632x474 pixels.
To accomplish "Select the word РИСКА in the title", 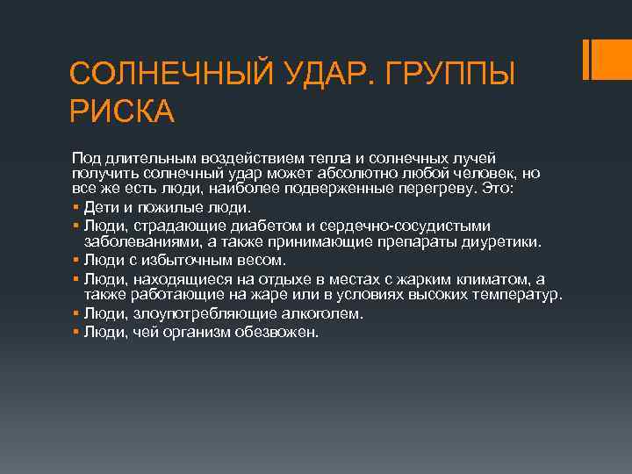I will (122, 111).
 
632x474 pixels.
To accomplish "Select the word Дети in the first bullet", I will (100, 208).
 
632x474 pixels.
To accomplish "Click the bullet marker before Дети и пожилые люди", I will (76, 208).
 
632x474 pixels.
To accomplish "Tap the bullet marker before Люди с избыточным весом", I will (76, 260).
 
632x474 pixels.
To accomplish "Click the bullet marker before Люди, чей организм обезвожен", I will (76, 333).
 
